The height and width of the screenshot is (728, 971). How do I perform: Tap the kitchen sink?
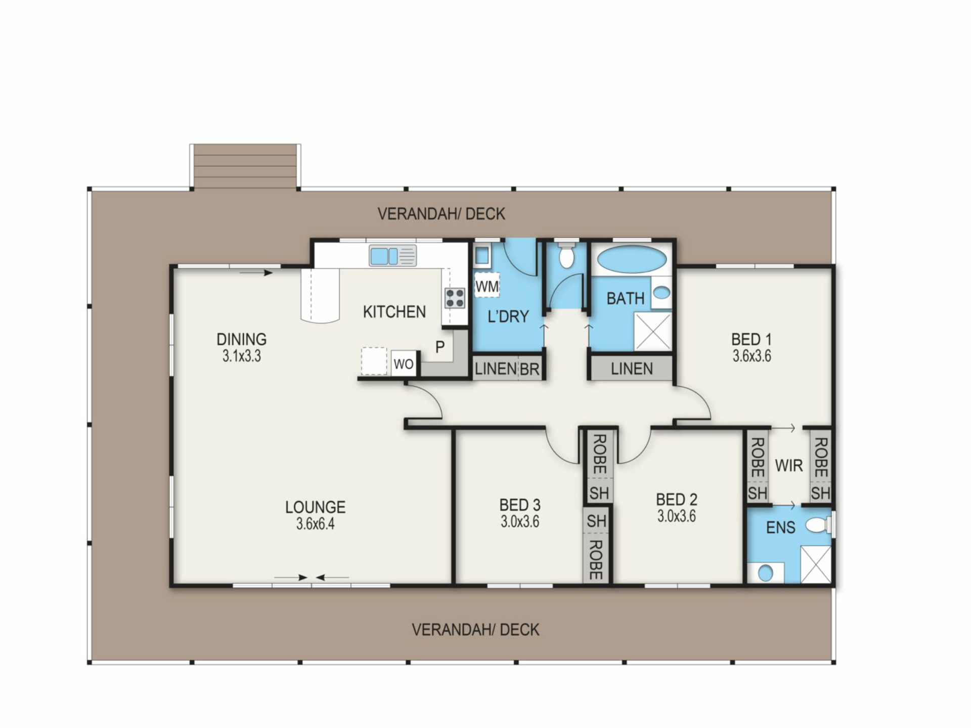[x=392, y=256]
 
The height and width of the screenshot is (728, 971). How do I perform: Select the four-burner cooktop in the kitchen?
[x=454, y=298]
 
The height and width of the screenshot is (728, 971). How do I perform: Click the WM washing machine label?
[x=487, y=287]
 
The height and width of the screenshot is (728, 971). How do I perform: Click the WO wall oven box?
[x=403, y=363]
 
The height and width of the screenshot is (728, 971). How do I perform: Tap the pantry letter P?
[x=440, y=347]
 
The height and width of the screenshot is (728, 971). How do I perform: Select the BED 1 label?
[x=752, y=339]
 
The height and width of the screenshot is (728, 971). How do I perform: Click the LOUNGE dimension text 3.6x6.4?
[x=316, y=524]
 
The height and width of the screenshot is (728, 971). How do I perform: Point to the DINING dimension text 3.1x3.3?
[x=242, y=356]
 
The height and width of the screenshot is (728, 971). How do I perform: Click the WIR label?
[x=789, y=465]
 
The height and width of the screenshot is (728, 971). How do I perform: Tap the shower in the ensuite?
[x=816, y=564]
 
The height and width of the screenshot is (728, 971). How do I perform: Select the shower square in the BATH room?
[x=653, y=331]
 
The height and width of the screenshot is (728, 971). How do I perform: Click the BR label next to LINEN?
[x=529, y=370]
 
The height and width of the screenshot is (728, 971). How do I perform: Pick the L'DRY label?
[x=508, y=316]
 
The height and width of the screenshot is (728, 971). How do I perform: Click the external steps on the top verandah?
[x=245, y=166]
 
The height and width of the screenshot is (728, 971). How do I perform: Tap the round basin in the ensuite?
[x=766, y=573]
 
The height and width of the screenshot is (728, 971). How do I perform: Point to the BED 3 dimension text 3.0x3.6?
[x=520, y=521]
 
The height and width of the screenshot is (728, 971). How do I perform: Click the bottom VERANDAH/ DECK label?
[x=475, y=629]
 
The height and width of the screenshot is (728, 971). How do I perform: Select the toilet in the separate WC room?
[x=566, y=256]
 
